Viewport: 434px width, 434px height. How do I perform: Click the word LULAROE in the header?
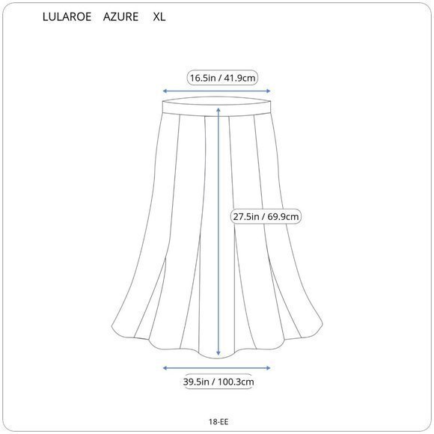[x=67, y=17]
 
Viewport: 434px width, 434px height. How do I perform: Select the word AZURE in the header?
[x=120, y=17]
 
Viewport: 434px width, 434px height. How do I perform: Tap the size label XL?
[x=159, y=17]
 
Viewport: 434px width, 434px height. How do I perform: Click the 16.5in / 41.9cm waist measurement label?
[x=222, y=78]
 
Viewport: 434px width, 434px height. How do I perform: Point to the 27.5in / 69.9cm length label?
[x=266, y=216]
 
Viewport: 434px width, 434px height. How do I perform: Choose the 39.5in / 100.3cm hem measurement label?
[x=218, y=382]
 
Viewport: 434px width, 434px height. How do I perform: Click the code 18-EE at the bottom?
[x=218, y=421]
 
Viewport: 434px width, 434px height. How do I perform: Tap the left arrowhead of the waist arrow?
[x=165, y=91]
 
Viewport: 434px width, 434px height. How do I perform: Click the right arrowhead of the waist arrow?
[x=268, y=91]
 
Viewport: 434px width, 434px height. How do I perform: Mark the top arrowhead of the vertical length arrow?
[x=218, y=110]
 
